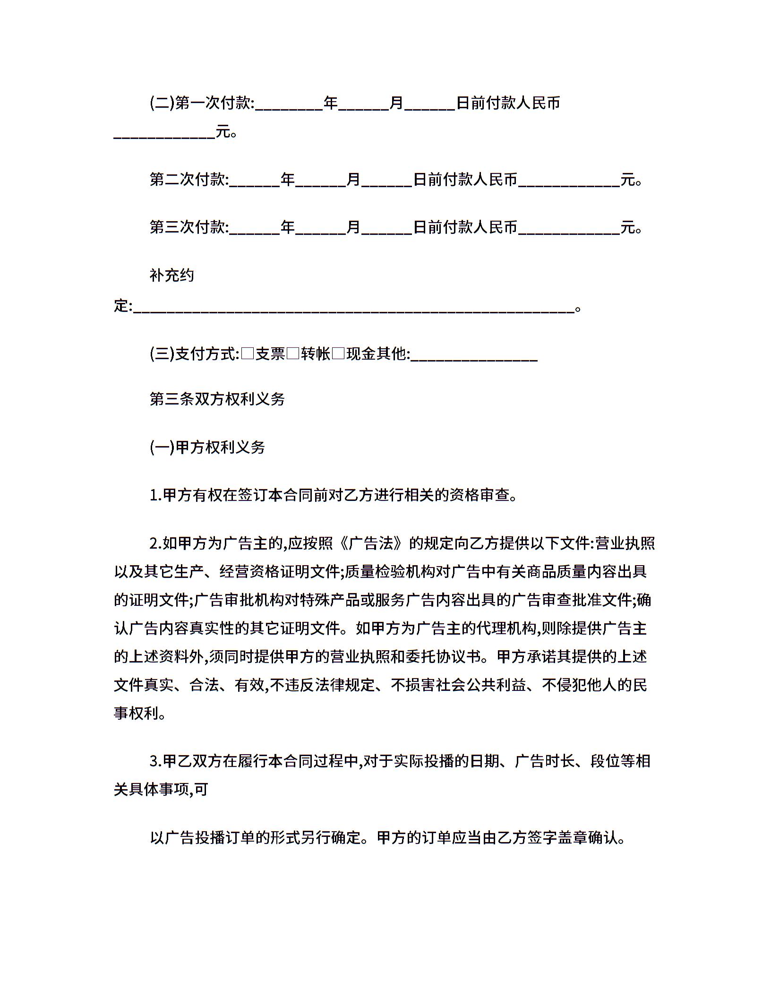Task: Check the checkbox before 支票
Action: (248, 353)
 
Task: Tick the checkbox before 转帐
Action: (293, 353)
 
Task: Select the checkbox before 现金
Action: (338, 353)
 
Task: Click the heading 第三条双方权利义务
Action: (217, 400)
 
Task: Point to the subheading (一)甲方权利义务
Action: (207, 447)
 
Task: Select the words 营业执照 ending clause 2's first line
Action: (625, 544)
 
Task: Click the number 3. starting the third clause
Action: (155, 761)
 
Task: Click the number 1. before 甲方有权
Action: (155, 496)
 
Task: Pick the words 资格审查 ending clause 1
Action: (480, 496)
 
